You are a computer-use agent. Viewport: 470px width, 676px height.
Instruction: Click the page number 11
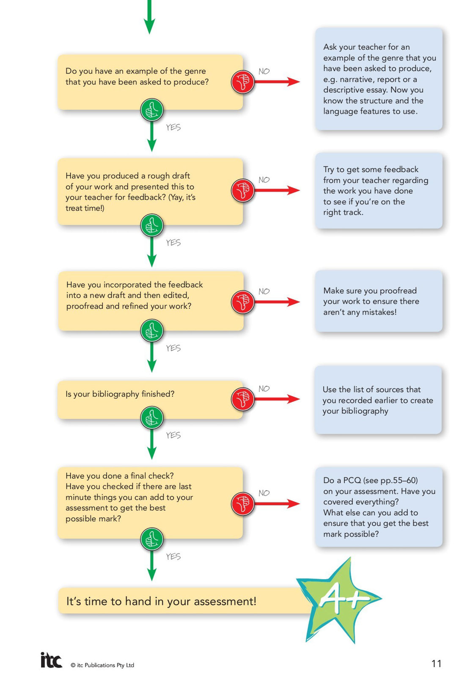(436, 664)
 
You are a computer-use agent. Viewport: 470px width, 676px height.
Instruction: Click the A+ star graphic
(339, 600)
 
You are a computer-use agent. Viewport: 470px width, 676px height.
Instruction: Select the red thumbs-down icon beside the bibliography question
(242, 399)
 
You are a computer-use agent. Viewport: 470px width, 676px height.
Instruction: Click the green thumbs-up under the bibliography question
(152, 418)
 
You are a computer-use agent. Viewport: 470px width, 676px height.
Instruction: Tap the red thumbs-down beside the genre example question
(242, 82)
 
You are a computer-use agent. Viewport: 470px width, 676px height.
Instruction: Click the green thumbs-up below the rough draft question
(152, 226)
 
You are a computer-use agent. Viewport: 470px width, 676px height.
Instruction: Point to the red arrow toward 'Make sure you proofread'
(277, 302)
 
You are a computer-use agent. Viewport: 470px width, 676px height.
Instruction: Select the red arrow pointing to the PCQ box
(277, 503)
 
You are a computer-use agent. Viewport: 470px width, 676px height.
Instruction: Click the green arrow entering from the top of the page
(149, 16)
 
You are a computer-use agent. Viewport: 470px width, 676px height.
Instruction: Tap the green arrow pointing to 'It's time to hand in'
(152, 566)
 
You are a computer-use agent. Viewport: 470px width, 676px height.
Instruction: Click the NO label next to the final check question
(264, 493)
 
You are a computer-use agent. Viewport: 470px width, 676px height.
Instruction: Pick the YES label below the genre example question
(173, 127)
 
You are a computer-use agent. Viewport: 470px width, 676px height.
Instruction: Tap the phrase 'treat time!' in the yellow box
(85, 208)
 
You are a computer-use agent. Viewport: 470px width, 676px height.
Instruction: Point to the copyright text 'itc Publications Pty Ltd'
(105, 665)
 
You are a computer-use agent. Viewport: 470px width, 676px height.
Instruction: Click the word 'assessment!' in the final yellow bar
(225, 601)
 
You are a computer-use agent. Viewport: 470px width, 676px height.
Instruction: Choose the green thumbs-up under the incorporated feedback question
(152, 331)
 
